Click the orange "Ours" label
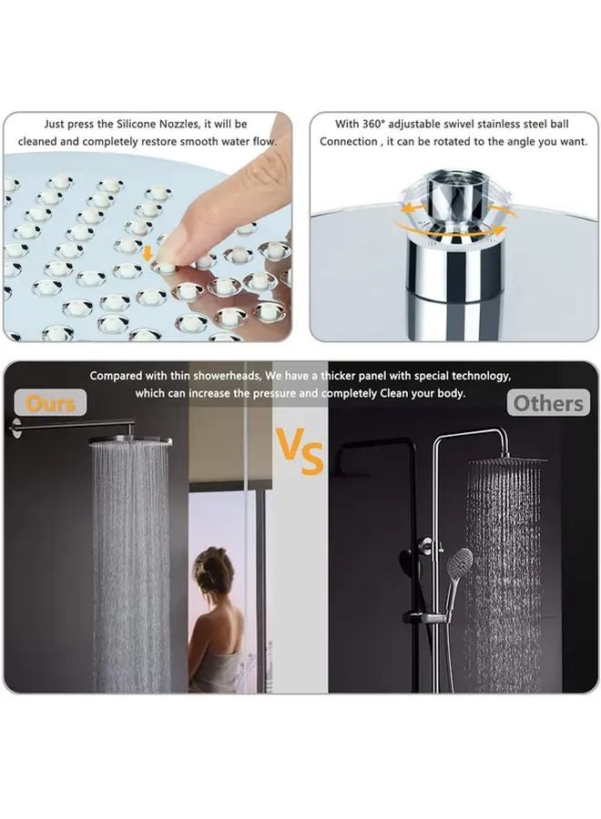[50, 402]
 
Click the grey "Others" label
[548, 402]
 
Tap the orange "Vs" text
[300, 450]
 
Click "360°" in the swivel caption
[376, 124]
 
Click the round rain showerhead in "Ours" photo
[129, 440]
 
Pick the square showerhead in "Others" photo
[506, 461]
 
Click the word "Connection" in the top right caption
[348, 142]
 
